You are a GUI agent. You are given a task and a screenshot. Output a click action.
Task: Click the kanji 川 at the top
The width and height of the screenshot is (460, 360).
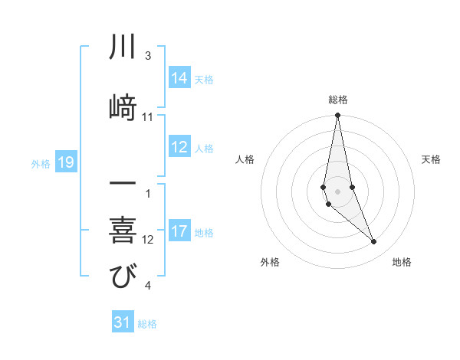[122, 47]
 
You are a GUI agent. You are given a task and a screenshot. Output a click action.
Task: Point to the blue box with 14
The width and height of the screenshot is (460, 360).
[179, 78]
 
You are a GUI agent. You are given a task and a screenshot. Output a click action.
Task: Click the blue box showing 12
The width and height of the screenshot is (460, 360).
[179, 148]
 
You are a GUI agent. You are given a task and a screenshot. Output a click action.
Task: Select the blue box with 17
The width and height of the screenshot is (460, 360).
[179, 231]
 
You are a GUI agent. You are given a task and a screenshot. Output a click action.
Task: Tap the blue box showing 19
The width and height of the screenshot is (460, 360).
[65, 162]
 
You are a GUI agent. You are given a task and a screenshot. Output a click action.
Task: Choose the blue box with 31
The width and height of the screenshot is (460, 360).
[123, 322]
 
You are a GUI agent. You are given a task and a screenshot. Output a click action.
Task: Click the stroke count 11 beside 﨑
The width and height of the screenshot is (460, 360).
[148, 117]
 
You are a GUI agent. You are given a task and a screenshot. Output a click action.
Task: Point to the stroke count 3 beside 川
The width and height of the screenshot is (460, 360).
[148, 56]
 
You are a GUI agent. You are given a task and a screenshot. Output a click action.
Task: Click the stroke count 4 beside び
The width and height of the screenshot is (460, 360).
[148, 286]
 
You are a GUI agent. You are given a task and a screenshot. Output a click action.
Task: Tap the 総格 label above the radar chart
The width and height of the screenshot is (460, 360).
[338, 100]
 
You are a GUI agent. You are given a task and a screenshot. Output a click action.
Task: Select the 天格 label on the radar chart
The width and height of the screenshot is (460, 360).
[432, 159]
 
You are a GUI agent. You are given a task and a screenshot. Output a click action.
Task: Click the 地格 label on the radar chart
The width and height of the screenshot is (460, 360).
[402, 262]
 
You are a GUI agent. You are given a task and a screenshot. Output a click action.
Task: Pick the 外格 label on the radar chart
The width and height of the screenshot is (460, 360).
[270, 262]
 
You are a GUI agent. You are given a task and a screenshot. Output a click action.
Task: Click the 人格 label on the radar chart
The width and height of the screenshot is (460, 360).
[245, 159]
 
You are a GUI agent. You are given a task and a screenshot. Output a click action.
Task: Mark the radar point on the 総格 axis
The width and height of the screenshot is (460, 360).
[337, 116]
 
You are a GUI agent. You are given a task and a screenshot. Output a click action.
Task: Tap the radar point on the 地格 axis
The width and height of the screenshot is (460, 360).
[374, 242]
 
